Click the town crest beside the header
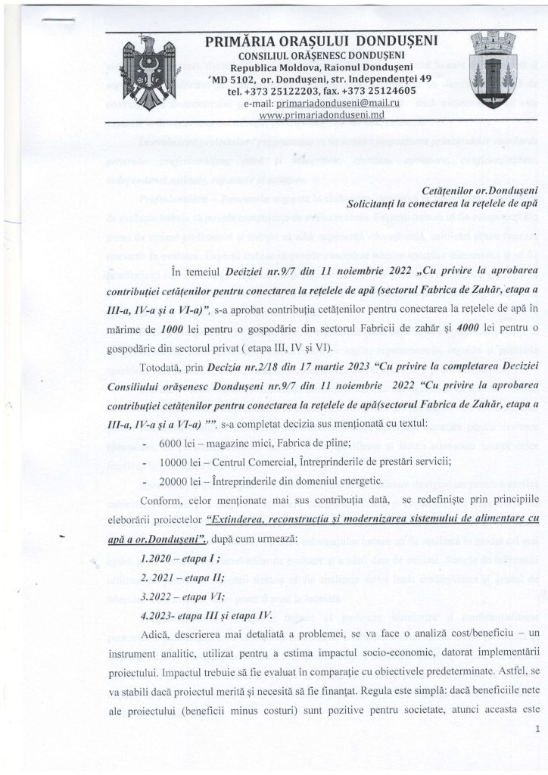point(492,69)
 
